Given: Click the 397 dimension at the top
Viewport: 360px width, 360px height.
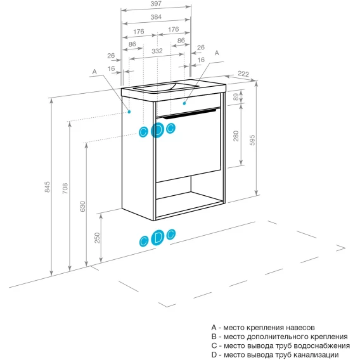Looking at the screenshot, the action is [156, 4].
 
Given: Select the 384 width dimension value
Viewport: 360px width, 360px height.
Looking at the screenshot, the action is [156, 17].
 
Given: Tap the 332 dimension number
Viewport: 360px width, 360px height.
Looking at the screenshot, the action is [157, 51].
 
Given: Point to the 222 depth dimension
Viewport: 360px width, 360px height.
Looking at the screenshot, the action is [243, 74].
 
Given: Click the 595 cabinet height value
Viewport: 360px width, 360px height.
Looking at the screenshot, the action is [252, 140].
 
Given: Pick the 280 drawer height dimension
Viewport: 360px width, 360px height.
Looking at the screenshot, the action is [236, 136].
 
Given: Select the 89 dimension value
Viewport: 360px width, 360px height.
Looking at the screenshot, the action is [236, 97].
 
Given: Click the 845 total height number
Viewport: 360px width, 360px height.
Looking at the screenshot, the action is [47, 187].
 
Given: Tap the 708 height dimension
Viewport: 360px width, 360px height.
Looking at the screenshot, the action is [65, 188].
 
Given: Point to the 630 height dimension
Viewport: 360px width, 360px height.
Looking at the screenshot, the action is [82, 207].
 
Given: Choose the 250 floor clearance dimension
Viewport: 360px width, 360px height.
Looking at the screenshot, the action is [98, 238].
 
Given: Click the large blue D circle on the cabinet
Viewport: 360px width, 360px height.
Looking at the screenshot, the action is [157, 130].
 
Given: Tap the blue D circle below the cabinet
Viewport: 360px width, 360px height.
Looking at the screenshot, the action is [158, 238].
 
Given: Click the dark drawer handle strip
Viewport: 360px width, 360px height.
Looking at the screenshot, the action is [190, 114].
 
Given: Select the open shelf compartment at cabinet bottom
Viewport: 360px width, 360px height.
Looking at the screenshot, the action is [189, 197].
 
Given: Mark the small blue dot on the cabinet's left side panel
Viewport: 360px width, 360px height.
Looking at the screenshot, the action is [129, 112].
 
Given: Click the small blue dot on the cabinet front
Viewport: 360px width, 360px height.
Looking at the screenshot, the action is [184, 103].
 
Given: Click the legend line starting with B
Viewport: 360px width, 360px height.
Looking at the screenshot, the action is [280, 337].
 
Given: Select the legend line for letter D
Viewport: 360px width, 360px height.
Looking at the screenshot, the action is [275, 354].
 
